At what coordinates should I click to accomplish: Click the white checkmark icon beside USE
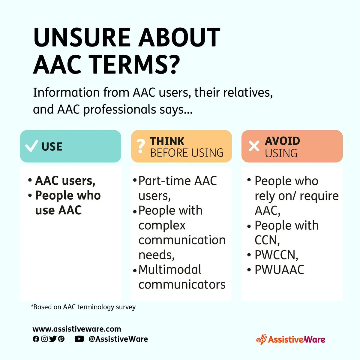pos(31,146)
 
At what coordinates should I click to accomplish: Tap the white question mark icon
pos(140,146)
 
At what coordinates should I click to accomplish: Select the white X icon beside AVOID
pos(254,146)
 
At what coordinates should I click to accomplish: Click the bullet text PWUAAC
pos(279,270)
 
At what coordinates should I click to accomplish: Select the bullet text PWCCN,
pos(276,255)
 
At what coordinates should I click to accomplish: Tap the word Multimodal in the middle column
pos(170,270)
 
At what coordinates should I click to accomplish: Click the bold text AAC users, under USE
pos(65,181)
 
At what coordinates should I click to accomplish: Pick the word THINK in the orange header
pos(167,141)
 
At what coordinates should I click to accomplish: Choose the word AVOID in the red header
pos(282,141)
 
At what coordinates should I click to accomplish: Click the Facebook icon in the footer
pos(36,339)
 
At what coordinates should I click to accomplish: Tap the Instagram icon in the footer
pos(44,339)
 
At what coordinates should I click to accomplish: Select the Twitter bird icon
pos(53,339)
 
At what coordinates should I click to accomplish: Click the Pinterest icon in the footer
pos(61,339)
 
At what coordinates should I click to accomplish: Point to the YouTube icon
pos(79,339)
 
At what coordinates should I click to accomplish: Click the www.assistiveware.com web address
pos(76,329)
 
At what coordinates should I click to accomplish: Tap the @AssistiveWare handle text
pos(118,339)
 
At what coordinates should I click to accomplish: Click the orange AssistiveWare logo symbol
pos(261,339)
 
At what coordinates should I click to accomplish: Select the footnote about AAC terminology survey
pos(83,307)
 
